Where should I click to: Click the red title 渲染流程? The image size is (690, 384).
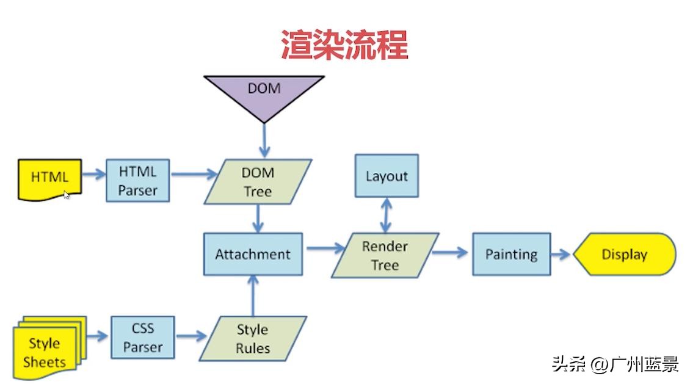coord(344,45)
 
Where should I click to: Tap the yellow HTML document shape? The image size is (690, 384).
coord(49,178)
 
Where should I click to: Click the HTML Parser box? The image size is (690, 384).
coord(137,181)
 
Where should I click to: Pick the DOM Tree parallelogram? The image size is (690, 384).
coord(258,182)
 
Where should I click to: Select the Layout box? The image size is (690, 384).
coord(387,176)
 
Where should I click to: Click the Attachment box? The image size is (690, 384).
coord(252,254)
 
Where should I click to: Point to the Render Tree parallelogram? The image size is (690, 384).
coord(385,255)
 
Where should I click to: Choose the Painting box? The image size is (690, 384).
coord(511,254)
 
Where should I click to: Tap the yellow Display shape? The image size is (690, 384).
coord(624,254)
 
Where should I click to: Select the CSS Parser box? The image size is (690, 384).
coord(143,338)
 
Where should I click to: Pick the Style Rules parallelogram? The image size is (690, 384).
coord(253,339)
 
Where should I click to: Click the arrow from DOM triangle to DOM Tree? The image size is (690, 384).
coord(264,140)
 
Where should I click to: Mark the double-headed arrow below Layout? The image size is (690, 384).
coord(387,214)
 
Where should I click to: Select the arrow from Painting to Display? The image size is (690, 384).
coord(562,254)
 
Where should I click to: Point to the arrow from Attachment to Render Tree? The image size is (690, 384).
coord(325,248)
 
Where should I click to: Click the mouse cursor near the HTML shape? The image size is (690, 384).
coord(66,194)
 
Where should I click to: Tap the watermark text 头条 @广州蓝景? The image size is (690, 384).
coord(615,365)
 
